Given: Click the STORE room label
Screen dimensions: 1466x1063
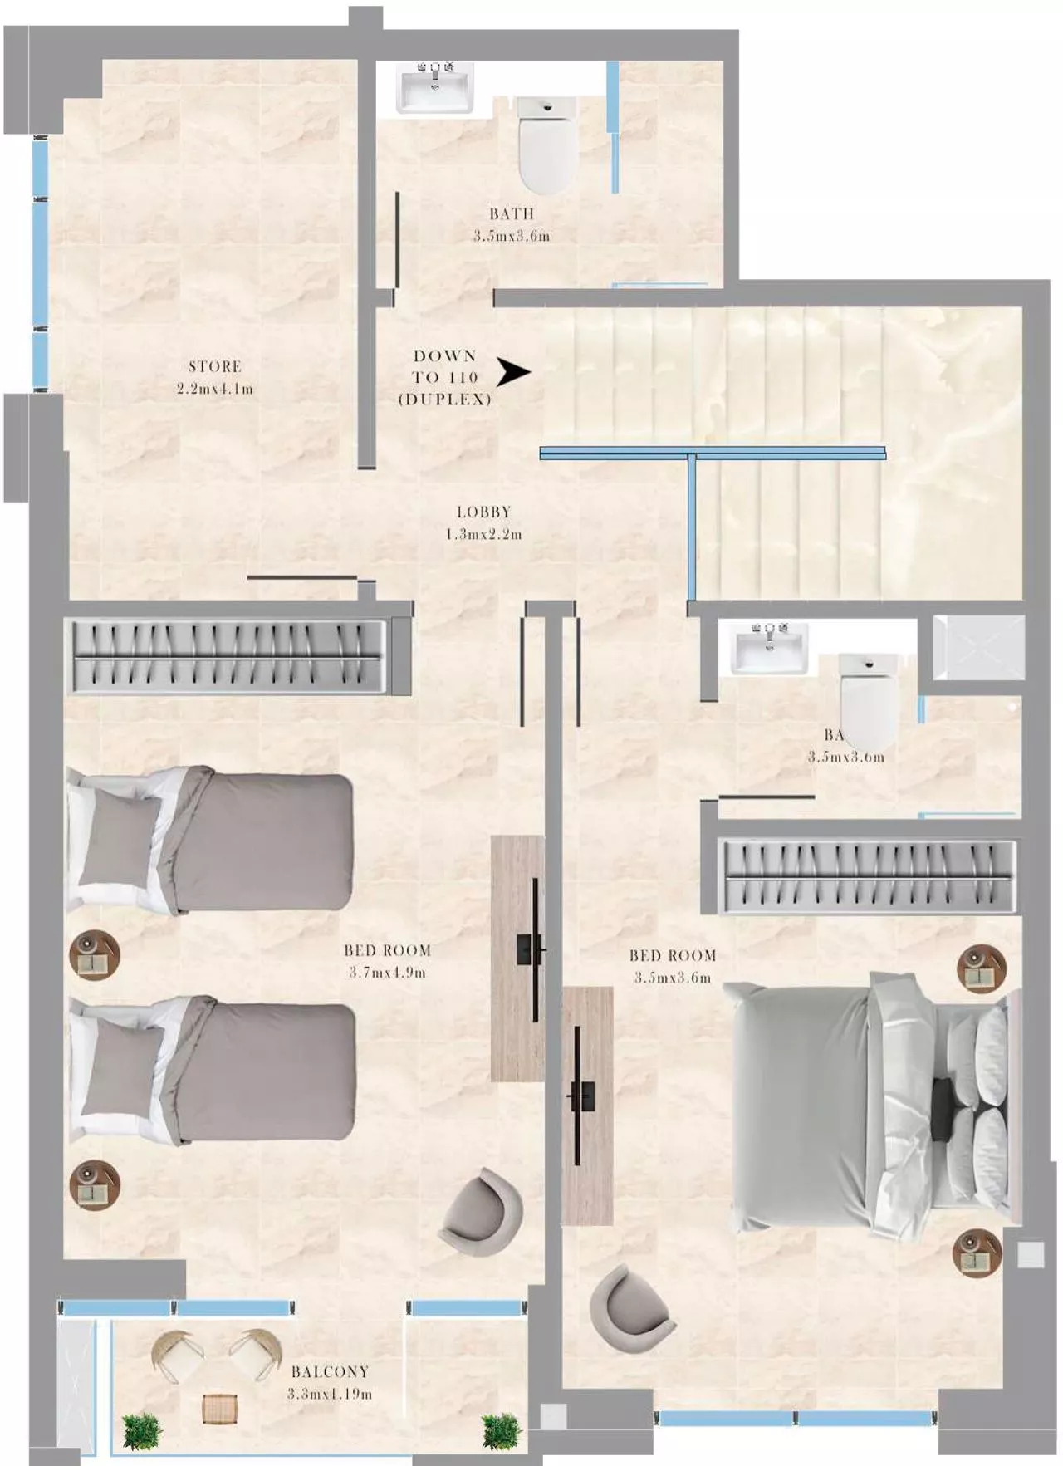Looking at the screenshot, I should click(214, 366).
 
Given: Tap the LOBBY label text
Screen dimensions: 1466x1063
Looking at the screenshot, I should click(483, 512).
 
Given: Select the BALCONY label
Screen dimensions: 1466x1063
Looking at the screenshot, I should click(330, 1372).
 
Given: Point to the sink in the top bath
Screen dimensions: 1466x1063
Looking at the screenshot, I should click(434, 86).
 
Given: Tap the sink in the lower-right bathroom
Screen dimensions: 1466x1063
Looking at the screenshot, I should click(769, 648).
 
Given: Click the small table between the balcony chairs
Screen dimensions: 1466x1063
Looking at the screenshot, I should click(221, 1409).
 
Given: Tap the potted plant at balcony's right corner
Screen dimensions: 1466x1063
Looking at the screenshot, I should click(502, 1431).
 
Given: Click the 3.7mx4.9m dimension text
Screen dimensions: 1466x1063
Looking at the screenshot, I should click(387, 973).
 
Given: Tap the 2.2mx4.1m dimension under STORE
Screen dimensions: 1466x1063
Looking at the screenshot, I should click(214, 389).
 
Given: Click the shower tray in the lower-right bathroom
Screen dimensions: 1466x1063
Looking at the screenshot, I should click(977, 647).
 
